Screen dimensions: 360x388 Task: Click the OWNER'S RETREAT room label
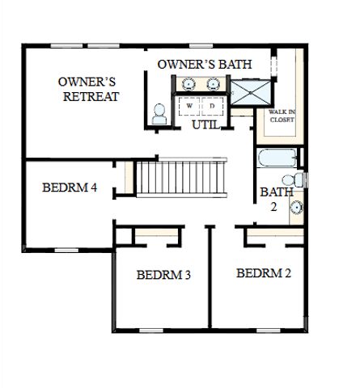coord(88,89)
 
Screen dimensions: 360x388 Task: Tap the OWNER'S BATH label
coord(205,65)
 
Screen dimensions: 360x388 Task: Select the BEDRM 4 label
coord(70,188)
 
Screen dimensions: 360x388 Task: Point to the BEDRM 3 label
coord(163,275)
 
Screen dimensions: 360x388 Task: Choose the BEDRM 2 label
coord(264,273)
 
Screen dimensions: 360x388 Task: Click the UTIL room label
coord(205,124)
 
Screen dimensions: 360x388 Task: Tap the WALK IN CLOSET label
coord(282,116)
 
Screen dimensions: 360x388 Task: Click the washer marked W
coord(189,106)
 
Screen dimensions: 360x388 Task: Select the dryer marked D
coord(213,106)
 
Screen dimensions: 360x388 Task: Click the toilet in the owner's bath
coord(159,114)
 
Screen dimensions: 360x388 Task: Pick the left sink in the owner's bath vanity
coord(188,84)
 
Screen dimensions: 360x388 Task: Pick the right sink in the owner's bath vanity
coord(213,84)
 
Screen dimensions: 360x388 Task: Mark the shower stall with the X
coord(251,92)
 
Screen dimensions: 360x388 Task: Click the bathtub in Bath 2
coord(277,158)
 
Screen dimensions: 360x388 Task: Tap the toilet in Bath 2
coord(293,179)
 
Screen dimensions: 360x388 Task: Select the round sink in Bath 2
coord(296,208)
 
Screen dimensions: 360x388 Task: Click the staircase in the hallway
coord(180,178)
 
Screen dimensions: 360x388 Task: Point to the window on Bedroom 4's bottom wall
coord(66,251)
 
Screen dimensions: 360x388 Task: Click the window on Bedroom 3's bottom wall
coord(151,331)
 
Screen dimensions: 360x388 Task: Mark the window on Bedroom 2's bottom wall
coord(269,331)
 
